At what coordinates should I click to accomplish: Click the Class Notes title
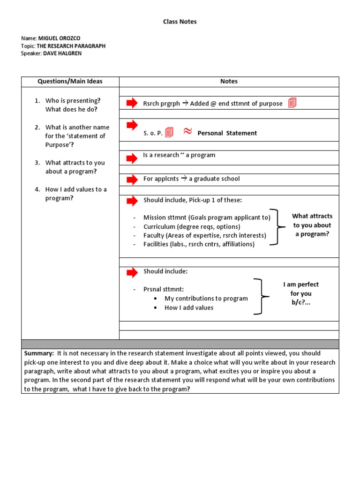(180, 22)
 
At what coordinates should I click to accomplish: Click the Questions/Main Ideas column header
(70, 82)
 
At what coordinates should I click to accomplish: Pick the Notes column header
(229, 82)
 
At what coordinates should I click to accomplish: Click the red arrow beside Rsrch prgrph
(132, 103)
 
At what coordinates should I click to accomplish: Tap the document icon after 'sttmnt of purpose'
(292, 103)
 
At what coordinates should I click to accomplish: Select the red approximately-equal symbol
(187, 132)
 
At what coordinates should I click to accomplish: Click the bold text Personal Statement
(227, 133)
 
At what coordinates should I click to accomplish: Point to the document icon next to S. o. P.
(169, 133)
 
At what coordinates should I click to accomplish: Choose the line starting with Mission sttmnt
(207, 217)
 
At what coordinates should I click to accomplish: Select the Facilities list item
(199, 244)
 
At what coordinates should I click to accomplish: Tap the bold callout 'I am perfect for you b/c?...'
(300, 293)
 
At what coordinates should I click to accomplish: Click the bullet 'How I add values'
(188, 307)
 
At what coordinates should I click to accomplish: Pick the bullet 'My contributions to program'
(206, 298)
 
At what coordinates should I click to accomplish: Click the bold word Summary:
(39, 353)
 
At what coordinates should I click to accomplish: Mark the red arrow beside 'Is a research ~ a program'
(132, 158)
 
